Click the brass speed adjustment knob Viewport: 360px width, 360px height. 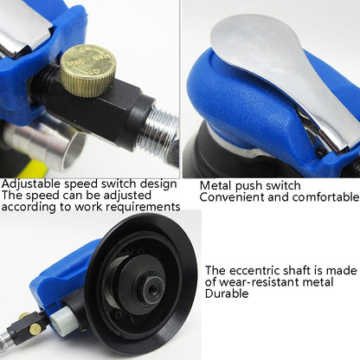[87, 67]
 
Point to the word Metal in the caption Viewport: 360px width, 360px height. [215, 184]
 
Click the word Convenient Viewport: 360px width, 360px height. [228, 196]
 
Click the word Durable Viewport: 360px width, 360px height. [227, 293]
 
